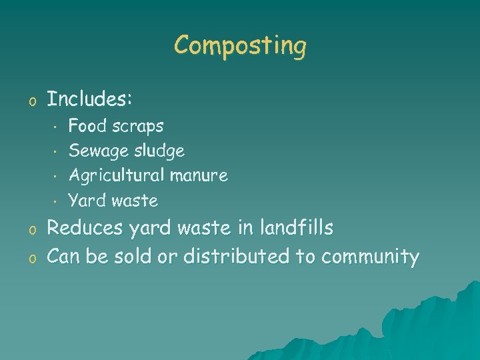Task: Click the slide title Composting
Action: pos(240,46)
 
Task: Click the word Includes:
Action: pos(89,100)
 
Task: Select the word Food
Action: pos(83,125)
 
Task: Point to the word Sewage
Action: pos(93,151)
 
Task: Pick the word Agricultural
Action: pos(117,176)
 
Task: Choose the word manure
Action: pos(199,176)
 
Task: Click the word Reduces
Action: pos(85,229)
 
